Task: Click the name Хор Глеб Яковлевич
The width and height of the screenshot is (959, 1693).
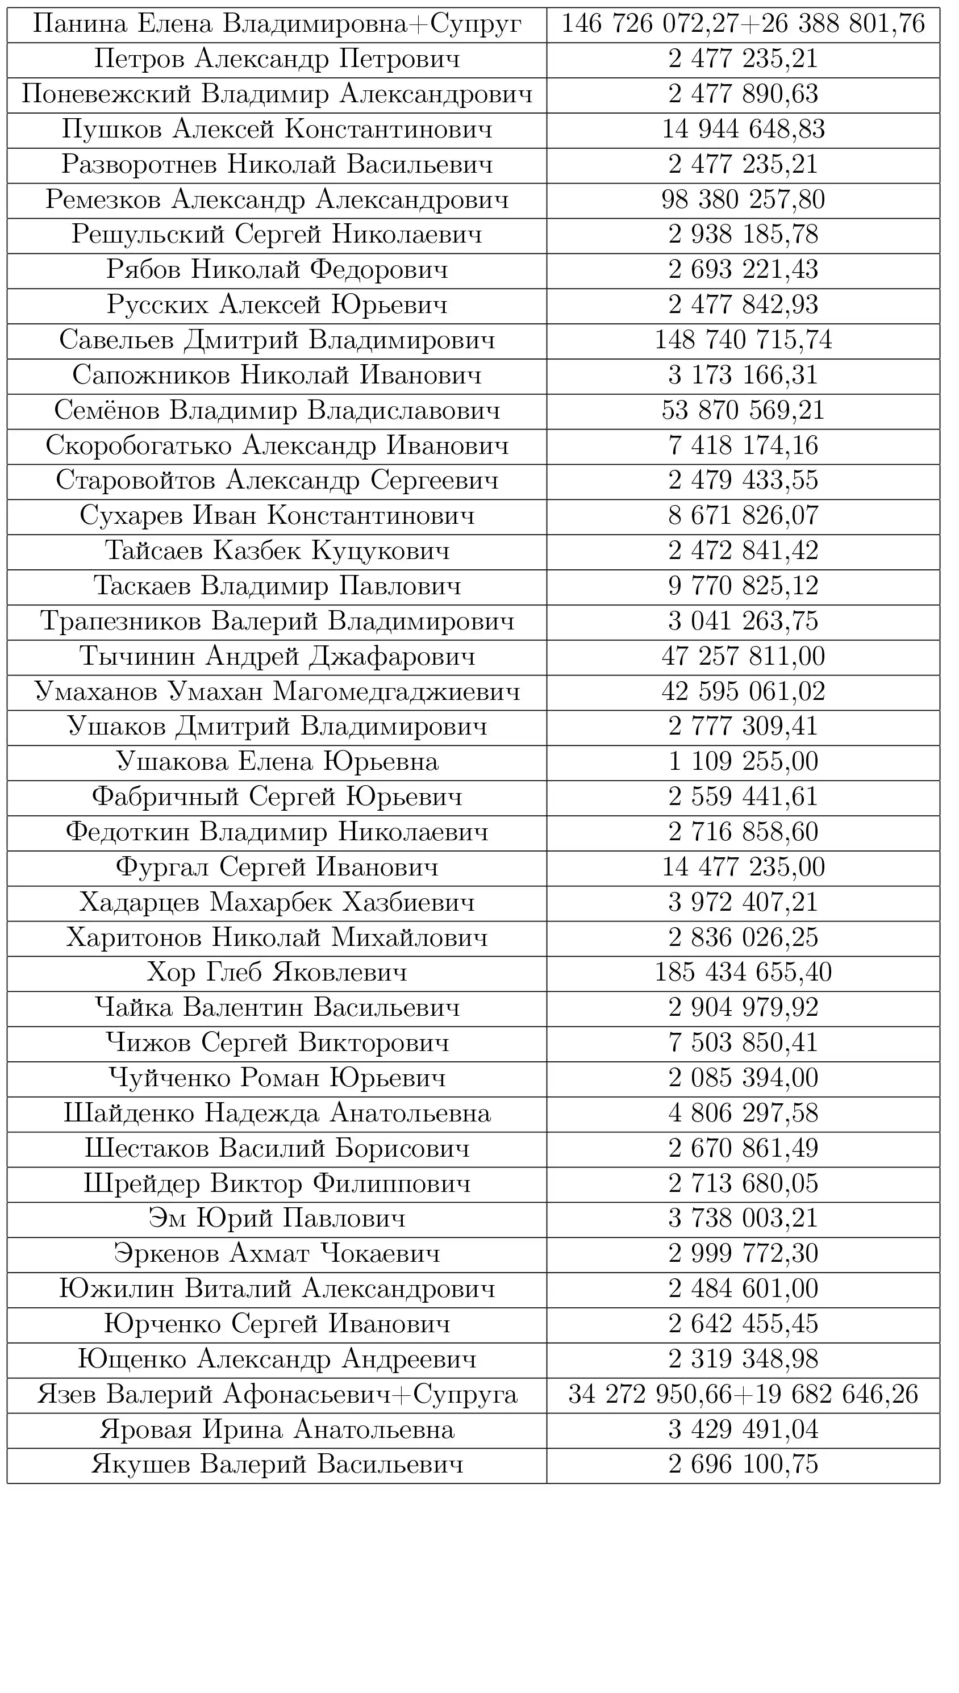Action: [x=277, y=973]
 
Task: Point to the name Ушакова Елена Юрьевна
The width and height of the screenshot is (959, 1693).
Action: [x=277, y=762]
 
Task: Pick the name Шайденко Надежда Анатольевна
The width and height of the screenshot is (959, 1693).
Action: [x=277, y=1113]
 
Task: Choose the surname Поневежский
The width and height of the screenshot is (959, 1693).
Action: [x=105, y=94]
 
